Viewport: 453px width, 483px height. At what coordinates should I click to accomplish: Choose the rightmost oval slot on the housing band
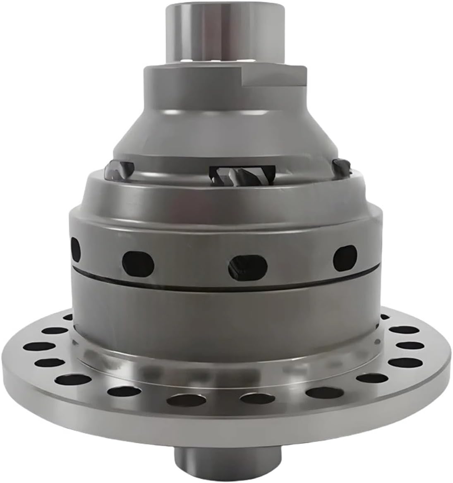pos(345,255)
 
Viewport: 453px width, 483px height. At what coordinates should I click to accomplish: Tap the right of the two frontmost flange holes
pos(254,399)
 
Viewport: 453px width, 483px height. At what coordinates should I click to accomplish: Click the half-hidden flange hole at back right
pos(384,317)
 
